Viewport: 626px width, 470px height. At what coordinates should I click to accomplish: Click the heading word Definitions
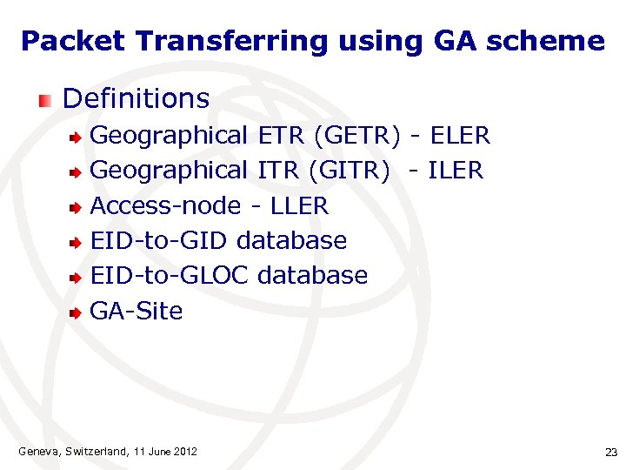[136, 98]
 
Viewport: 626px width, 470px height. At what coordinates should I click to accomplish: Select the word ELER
[460, 136]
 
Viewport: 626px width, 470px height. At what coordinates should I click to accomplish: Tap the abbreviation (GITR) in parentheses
[349, 171]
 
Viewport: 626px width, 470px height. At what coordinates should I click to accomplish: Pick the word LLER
[300, 205]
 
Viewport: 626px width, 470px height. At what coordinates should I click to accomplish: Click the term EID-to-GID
[160, 240]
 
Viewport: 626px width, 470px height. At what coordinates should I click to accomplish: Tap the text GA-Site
[137, 311]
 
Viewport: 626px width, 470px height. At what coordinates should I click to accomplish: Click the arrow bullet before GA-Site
[77, 312]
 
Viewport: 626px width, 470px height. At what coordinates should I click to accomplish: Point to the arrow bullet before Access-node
[77, 207]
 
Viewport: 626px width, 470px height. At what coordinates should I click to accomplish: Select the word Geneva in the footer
[37, 451]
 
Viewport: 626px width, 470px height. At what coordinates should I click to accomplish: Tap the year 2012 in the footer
[185, 451]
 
